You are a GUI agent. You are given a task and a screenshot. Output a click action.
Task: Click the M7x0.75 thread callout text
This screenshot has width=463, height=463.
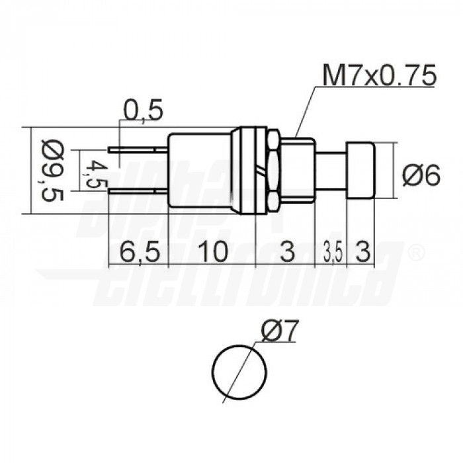click(x=378, y=76)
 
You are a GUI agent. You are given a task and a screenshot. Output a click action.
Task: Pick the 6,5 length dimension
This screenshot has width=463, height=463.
click(x=138, y=252)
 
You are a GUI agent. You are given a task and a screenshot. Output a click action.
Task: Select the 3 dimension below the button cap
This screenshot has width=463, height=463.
click(x=363, y=252)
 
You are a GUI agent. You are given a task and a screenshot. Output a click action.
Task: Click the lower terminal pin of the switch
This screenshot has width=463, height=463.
click(x=140, y=191)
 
